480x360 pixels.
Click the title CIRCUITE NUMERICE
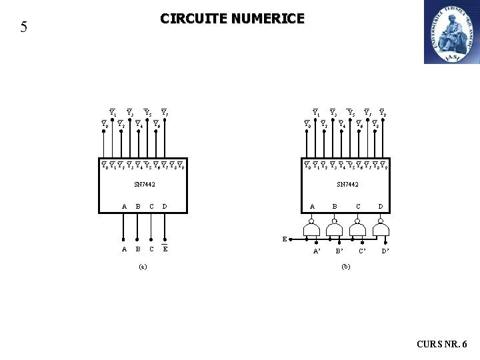[x=232, y=19]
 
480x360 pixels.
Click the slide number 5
[x=24, y=27]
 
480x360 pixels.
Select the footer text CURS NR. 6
[x=442, y=345]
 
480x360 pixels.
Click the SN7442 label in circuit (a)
[x=144, y=183]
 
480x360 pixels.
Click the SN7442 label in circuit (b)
[x=348, y=183]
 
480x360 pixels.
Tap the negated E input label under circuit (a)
[x=165, y=250]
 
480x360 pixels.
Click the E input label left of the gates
[x=285, y=238]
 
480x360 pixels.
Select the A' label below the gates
[x=317, y=252]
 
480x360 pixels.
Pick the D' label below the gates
[x=385, y=251]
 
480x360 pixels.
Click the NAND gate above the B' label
[x=335, y=230]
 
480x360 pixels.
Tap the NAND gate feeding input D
[x=381, y=230]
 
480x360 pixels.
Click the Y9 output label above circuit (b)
[x=383, y=111]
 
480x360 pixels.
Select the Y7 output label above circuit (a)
[x=164, y=111]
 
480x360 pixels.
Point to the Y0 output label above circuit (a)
[x=105, y=123]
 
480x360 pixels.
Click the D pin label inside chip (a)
[x=165, y=206]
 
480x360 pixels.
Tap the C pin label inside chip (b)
[x=359, y=206]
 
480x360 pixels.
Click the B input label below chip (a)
[x=138, y=250]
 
